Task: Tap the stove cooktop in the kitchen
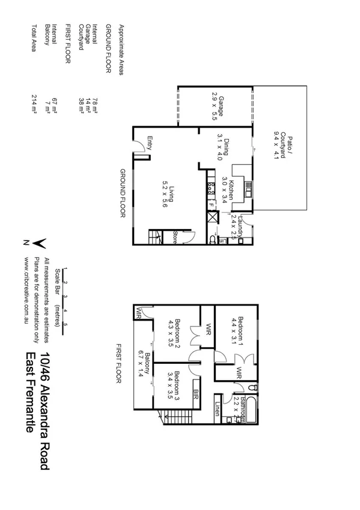[211, 188]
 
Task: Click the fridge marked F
[211, 205]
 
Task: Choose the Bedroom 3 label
[174, 386]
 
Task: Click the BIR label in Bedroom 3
[196, 394]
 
